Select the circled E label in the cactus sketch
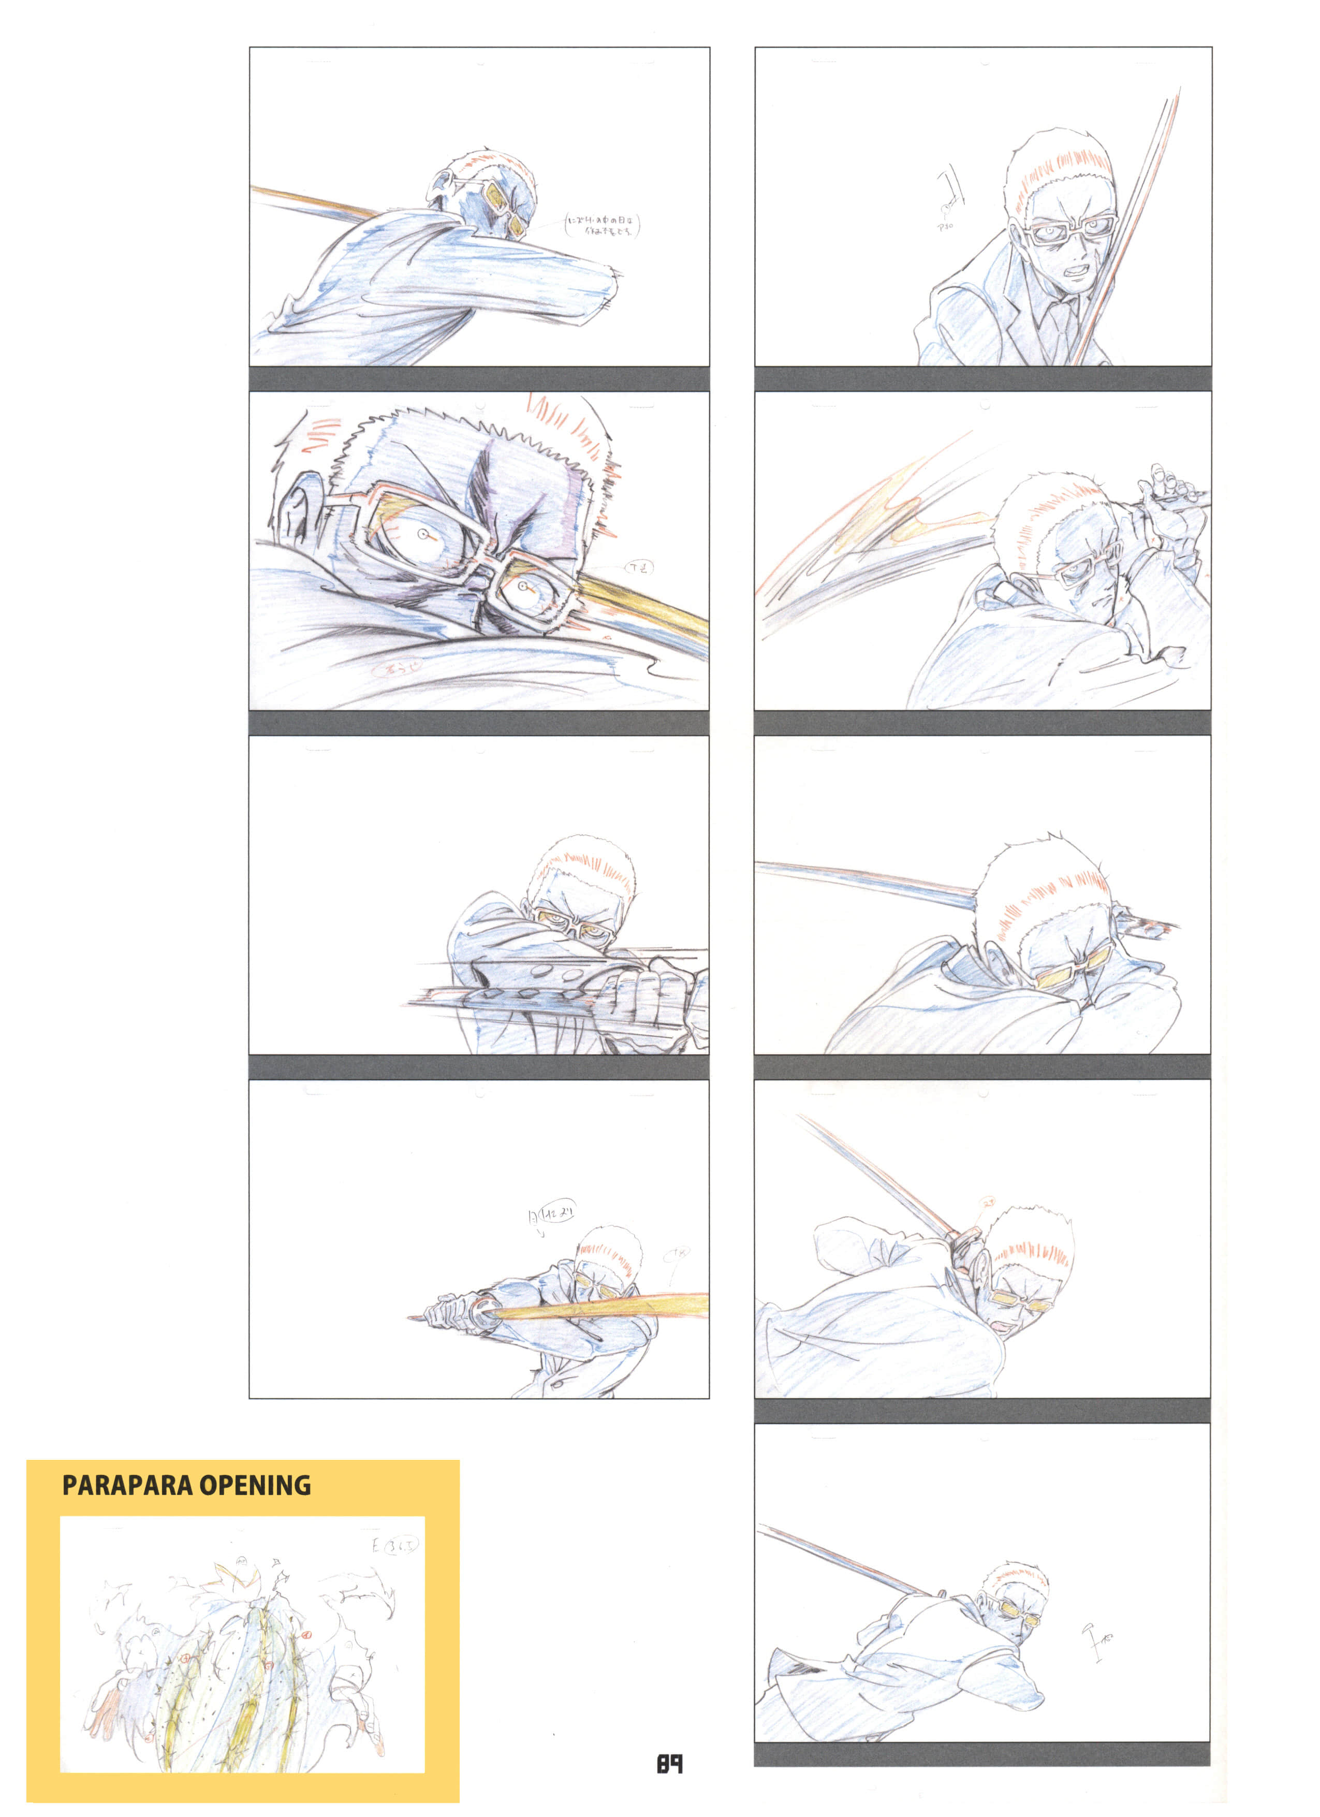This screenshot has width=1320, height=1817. click(x=395, y=1545)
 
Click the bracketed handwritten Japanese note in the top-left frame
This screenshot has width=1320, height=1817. click(x=603, y=225)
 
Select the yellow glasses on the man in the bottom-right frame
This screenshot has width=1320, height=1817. click(x=1013, y=1618)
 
